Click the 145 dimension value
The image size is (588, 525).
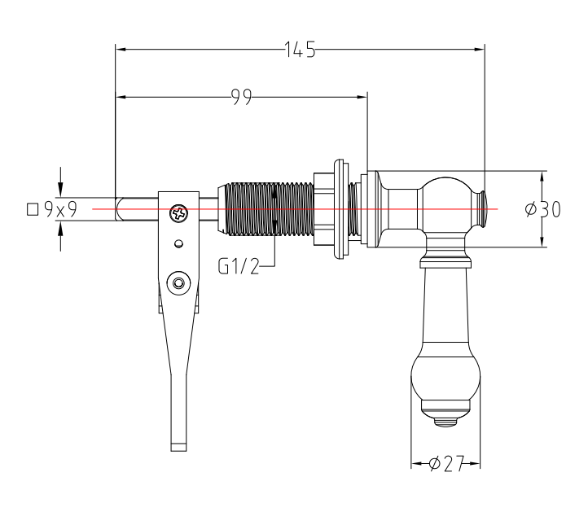(300, 50)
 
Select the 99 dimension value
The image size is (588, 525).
(241, 97)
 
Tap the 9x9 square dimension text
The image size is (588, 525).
(60, 209)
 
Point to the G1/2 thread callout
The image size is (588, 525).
(239, 266)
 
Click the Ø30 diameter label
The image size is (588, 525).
(543, 209)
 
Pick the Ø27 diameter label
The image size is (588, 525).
(446, 464)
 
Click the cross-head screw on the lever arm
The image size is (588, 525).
(178, 213)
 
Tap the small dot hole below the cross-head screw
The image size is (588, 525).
(179, 244)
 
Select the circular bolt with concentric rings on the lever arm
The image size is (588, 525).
(178, 283)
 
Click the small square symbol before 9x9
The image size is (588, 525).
(33, 209)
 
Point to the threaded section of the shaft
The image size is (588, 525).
(269, 209)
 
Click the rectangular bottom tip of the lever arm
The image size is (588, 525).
(178, 447)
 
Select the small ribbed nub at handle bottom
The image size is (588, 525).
(445, 422)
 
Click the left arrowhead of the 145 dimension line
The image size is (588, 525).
(121, 49)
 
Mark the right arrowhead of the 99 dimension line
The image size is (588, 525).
(362, 97)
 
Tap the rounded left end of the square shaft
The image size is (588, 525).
(119, 208)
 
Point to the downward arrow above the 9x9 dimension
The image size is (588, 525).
(61, 182)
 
